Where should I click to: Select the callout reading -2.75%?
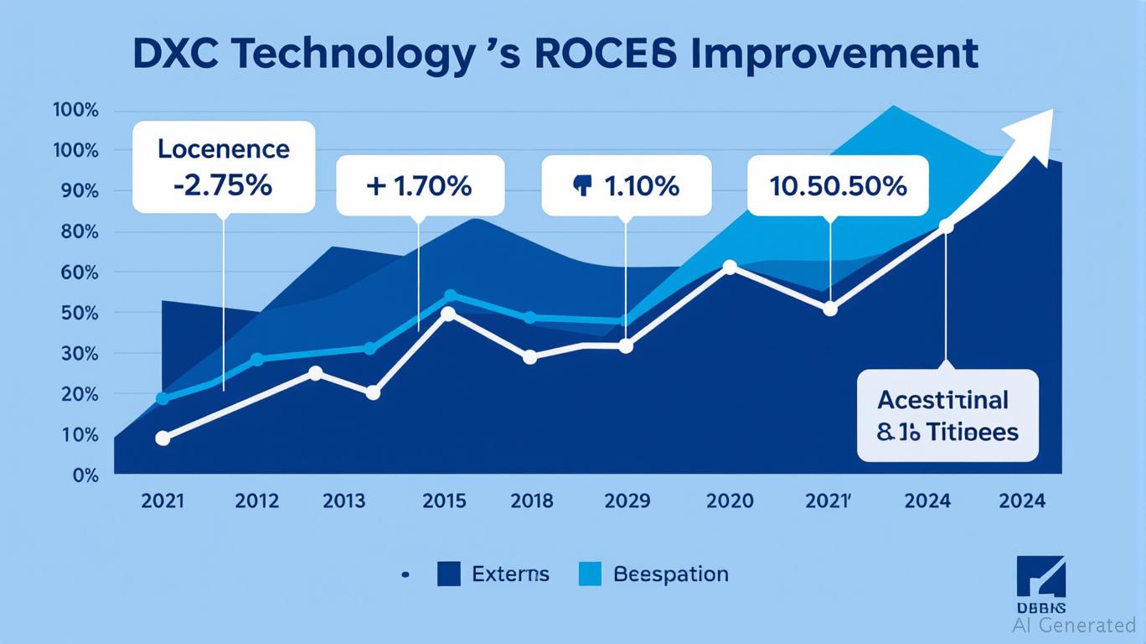click(x=224, y=167)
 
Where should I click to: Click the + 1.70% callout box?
click(x=420, y=184)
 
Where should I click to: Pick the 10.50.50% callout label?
click(x=838, y=185)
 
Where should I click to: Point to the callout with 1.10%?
click(x=626, y=185)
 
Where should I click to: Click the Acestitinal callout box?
click(x=947, y=415)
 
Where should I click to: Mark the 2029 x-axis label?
click(x=627, y=501)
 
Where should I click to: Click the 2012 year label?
click(x=256, y=501)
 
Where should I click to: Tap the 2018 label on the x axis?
click(x=532, y=501)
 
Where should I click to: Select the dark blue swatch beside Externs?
click(x=449, y=574)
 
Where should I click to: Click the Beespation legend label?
click(x=670, y=574)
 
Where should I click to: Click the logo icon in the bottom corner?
click(x=1040, y=577)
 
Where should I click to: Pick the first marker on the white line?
click(x=163, y=438)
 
